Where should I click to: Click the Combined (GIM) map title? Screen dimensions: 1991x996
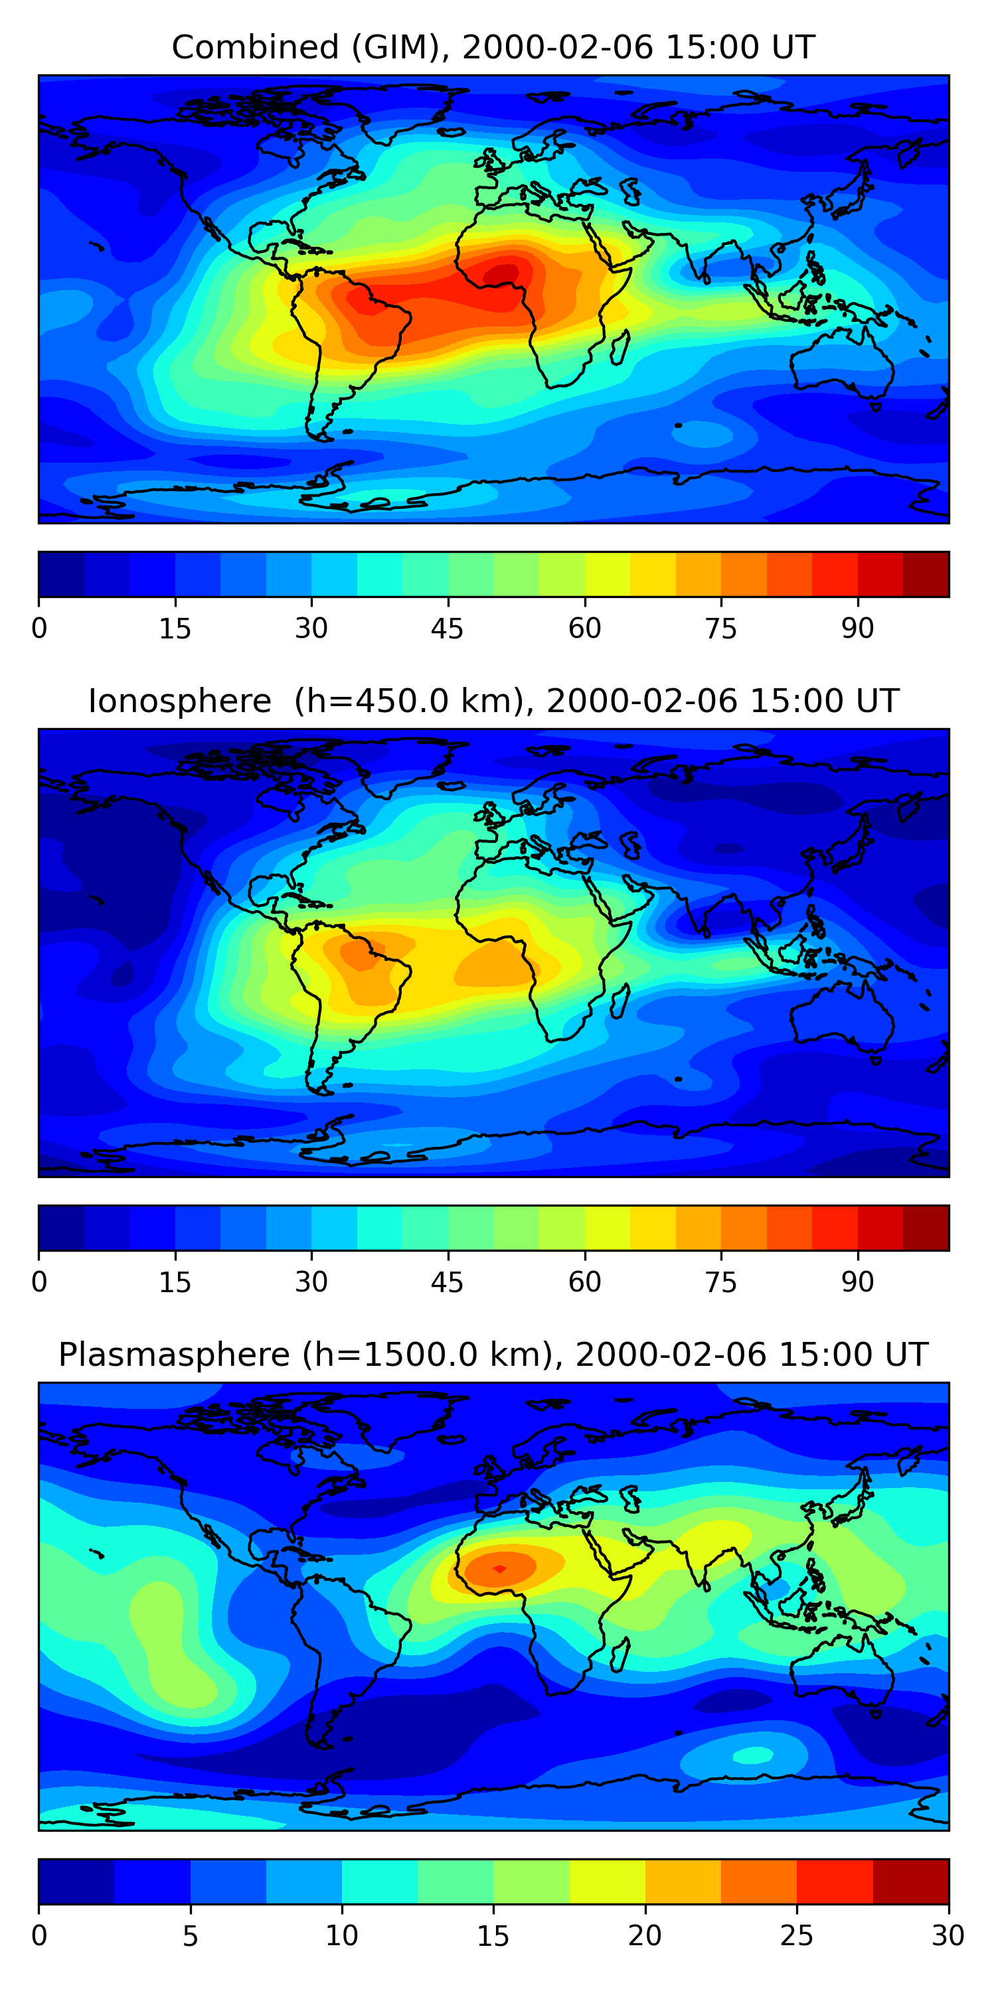(493, 47)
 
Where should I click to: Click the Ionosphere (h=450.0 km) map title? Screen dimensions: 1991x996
(493, 701)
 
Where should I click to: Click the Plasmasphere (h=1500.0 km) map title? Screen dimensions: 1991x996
(493, 1355)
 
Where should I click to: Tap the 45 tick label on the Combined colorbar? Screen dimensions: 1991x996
(447, 628)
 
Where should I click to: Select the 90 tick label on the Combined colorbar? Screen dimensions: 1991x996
(858, 628)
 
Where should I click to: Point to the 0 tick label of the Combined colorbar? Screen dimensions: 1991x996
(39, 628)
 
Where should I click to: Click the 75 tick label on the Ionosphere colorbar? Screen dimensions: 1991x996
(720, 1282)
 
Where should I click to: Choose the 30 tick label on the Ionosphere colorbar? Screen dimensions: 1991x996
(311, 1282)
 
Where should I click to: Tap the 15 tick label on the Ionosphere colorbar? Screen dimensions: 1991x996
(175, 1282)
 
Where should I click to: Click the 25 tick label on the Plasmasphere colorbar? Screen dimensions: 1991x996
(797, 1936)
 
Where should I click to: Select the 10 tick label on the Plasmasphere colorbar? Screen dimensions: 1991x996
(341, 1936)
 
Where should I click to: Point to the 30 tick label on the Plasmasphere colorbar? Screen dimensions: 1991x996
(948, 1936)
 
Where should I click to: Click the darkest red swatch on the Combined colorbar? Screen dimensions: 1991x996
(926, 574)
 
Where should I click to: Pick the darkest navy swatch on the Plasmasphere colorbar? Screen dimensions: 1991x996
(76, 1881)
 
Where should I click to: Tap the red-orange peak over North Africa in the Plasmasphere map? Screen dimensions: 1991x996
(499, 1568)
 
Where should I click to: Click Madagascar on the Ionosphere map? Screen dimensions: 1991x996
(619, 1001)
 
